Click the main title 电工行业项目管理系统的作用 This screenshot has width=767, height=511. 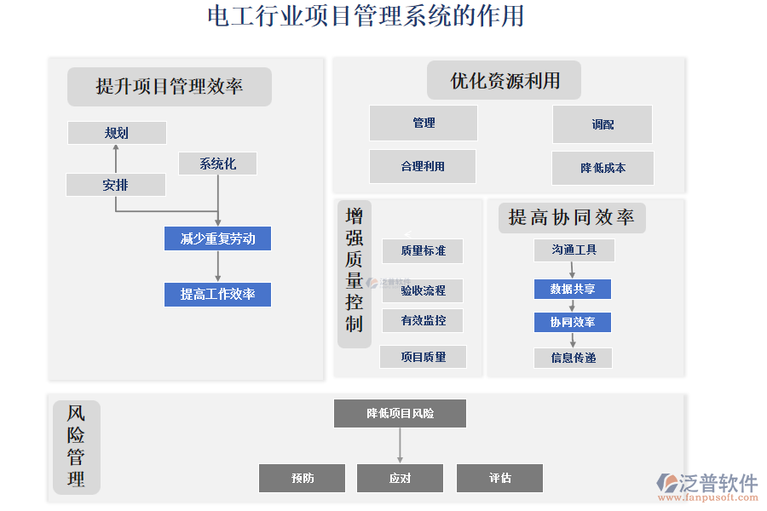[366, 16]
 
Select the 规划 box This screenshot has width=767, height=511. [117, 133]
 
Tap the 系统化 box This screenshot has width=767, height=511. [217, 164]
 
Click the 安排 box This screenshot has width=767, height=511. [116, 185]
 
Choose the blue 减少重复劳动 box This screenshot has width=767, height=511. [217, 238]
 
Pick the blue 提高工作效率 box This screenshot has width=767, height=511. [217, 295]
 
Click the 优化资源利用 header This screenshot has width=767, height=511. [505, 81]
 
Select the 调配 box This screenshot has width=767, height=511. [603, 124]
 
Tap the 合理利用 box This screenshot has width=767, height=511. [423, 167]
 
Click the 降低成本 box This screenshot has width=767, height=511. [603, 168]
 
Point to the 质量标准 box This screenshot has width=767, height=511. [423, 250]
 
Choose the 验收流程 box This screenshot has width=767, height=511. [423, 290]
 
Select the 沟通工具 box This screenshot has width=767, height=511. [574, 250]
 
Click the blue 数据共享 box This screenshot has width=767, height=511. [573, 289]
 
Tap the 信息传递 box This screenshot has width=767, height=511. [573, 358]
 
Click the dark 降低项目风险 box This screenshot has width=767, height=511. [400, 413]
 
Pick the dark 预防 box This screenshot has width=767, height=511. [302, 478]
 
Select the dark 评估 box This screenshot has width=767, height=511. [499, 478]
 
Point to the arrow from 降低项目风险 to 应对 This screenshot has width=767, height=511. [400, 445]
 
